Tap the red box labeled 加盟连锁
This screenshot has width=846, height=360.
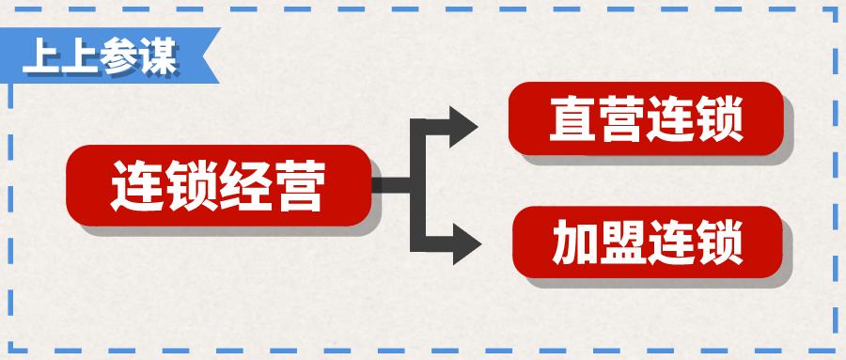pyautogui.click(x=645, y=243)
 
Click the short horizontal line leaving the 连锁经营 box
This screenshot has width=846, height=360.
pyautogui.click(x=390, y=185)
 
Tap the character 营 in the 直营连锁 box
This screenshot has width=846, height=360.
pyautogui.click(x=621, y=119)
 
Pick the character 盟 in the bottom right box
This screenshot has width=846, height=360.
pyautogui.click(x=621, y=243)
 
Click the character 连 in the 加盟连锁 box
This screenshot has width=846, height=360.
pyautogui.click(x=670, y=243)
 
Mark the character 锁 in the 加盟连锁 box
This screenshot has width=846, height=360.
pyautogui.click(x=719, y=243)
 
